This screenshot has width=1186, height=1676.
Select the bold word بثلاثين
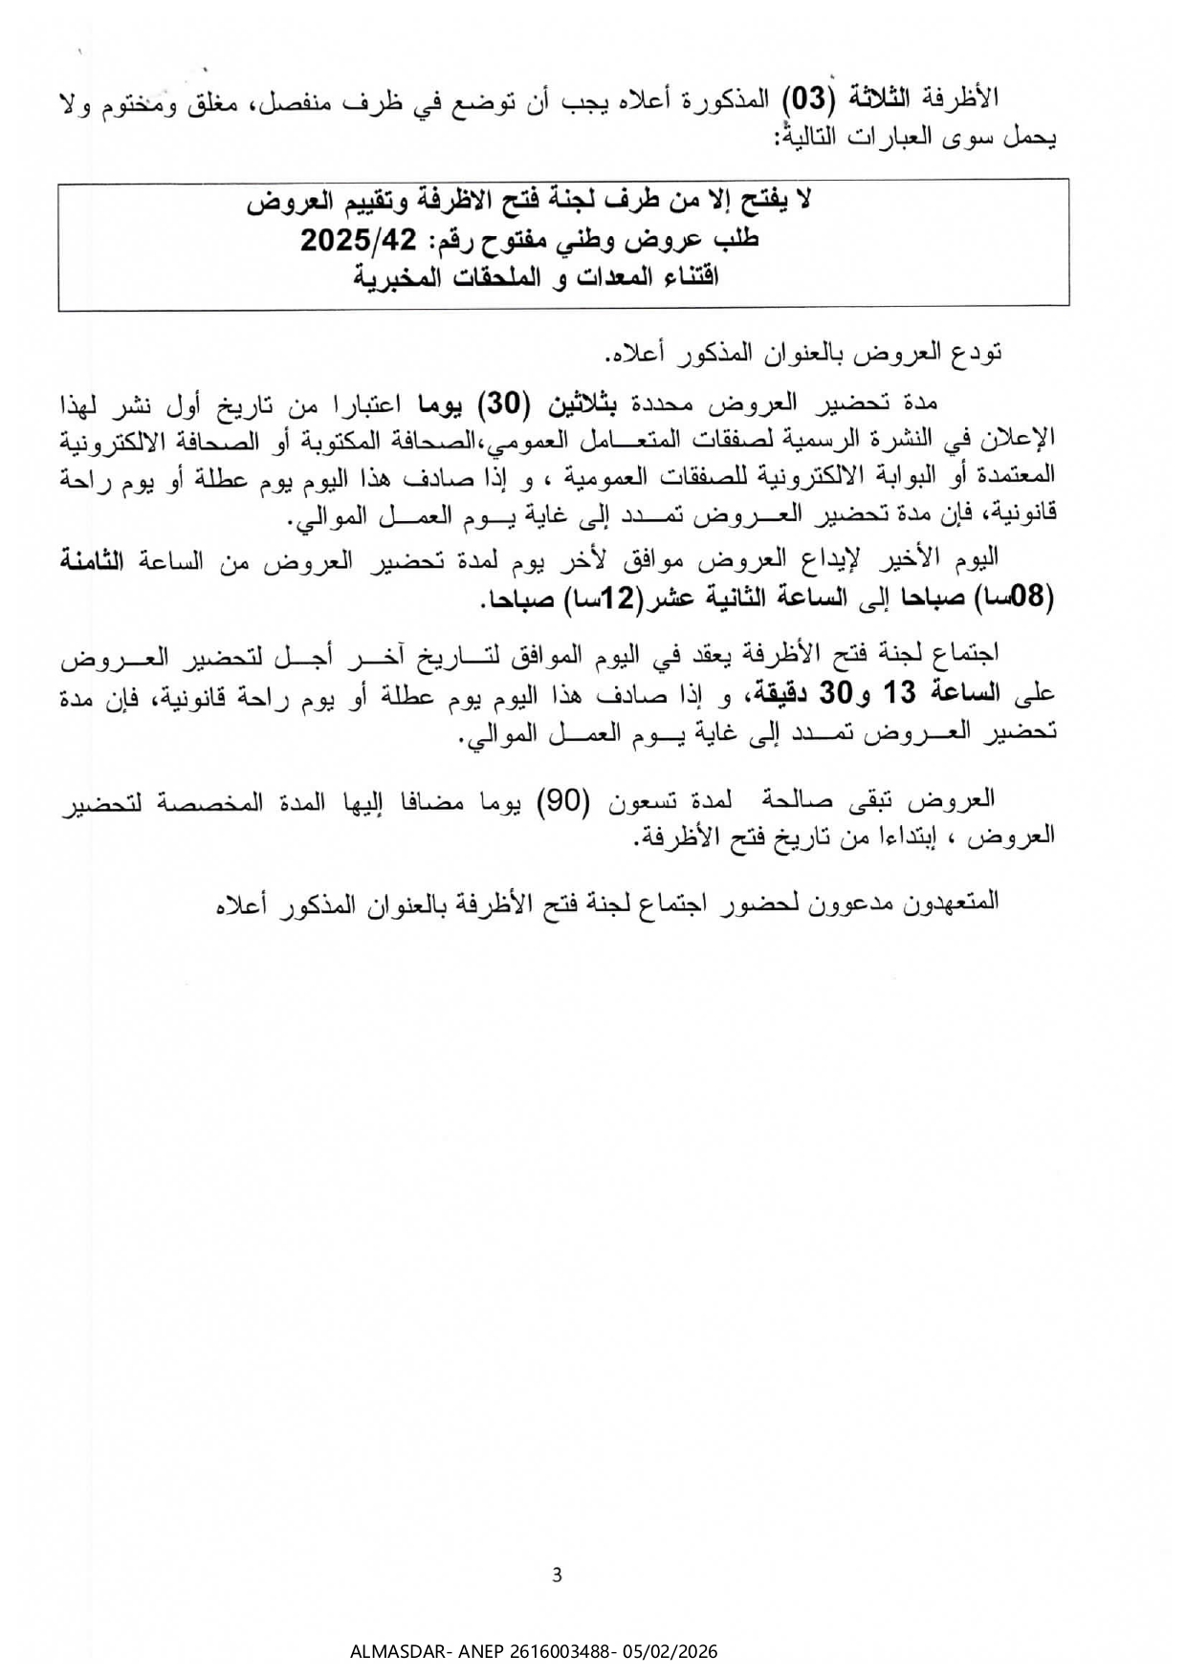pos(582,405)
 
